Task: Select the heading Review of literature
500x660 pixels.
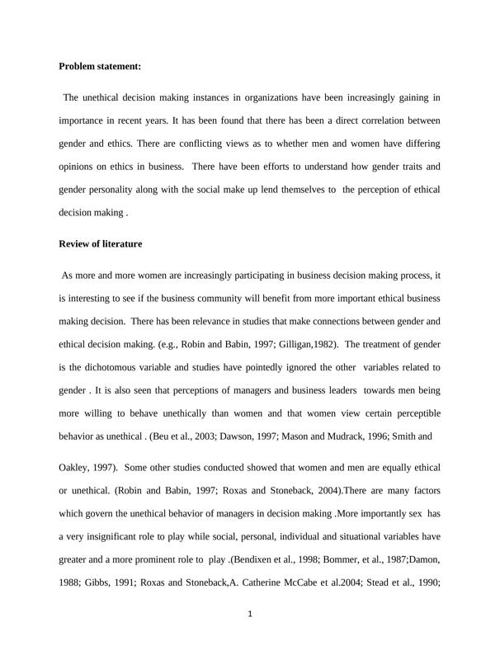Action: (100, 243)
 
